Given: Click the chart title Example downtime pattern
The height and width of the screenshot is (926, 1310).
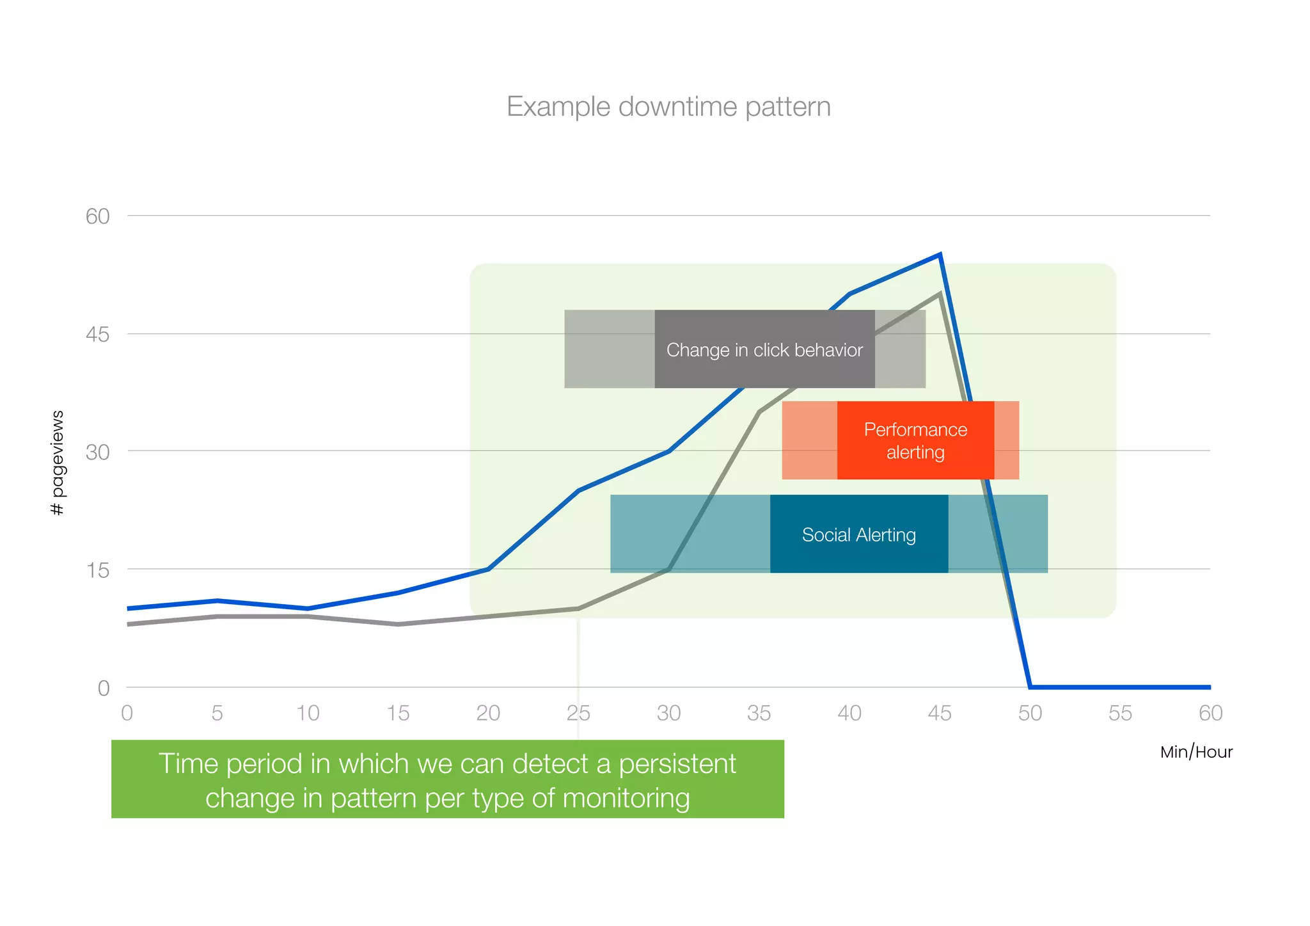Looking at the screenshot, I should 668,107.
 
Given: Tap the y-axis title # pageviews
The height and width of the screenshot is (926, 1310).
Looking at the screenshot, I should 57,463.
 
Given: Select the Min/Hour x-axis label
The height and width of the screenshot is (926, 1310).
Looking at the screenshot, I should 1196,752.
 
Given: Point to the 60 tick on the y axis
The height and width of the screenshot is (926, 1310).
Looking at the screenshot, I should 98,216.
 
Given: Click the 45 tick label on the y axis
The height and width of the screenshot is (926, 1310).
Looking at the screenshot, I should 98,334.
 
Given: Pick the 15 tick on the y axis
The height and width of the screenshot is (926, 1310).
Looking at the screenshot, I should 98,570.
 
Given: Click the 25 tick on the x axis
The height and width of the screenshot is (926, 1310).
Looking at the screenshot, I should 578,713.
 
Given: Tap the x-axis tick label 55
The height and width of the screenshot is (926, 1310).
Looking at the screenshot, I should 1120,713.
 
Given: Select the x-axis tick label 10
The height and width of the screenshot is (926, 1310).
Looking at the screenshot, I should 308,713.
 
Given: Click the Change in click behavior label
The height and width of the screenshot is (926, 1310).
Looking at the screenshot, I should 764,350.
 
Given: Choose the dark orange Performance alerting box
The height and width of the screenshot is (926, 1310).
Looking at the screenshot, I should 915,441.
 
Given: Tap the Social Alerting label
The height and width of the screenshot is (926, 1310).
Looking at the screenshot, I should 858,535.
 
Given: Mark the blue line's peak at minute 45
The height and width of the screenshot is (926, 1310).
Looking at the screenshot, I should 940,255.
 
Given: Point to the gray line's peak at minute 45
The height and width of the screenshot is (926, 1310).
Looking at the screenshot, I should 939,294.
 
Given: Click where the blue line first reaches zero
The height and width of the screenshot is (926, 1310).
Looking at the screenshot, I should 1030,687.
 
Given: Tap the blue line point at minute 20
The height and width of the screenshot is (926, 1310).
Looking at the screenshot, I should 489,569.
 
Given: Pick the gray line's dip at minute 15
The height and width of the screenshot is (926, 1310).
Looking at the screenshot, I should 398,624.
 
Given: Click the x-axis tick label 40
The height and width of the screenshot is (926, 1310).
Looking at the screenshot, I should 849,713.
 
